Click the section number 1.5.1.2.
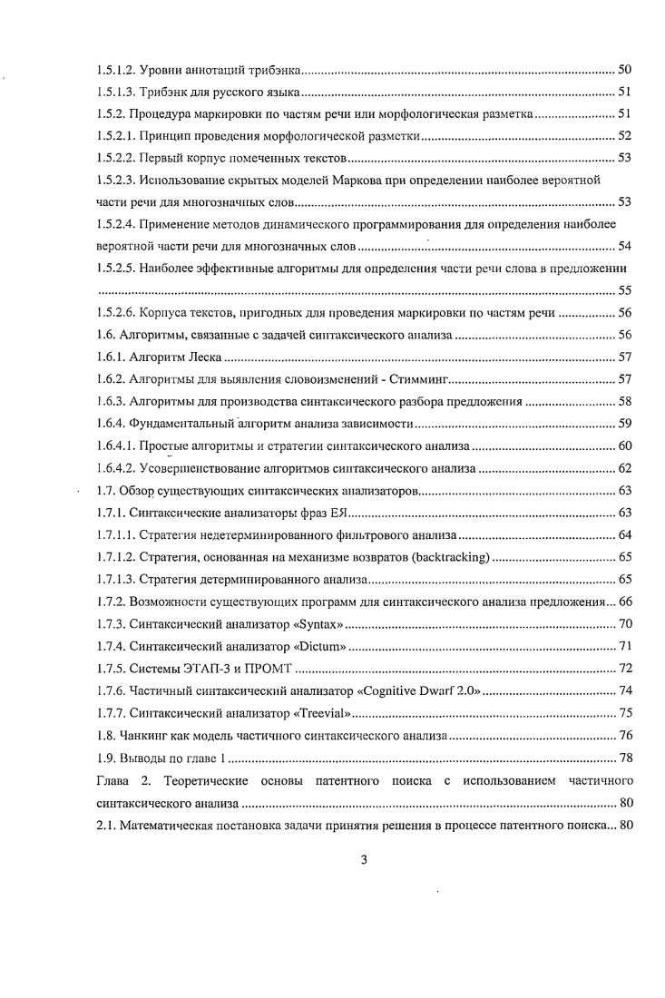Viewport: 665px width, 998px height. point(117,70)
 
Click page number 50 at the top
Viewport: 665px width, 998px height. point(624,70)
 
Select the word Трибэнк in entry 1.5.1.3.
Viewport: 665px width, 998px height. point(173,92)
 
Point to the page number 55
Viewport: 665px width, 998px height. point(624,290)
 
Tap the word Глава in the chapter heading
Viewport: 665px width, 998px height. point(115,780)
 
